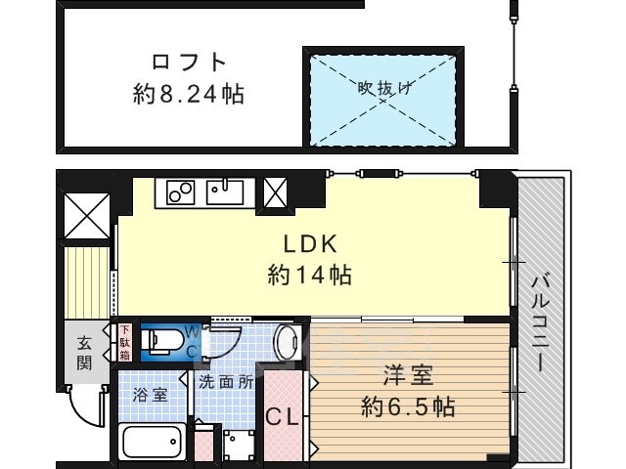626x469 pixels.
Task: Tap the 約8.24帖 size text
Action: [189, 95]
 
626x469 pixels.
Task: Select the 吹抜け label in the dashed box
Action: [383, 87]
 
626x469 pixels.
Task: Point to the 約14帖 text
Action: [310, 276]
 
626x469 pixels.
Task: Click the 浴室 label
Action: [150, 395]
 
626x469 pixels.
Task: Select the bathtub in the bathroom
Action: [153, 442]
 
